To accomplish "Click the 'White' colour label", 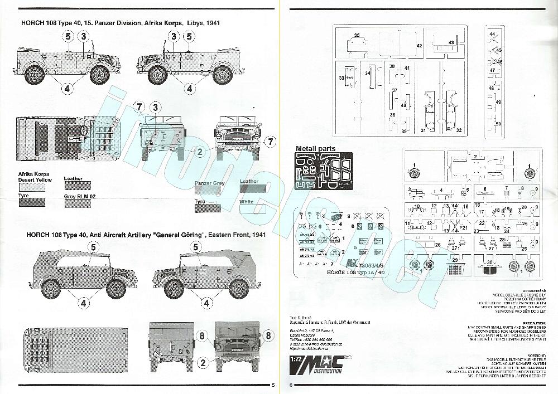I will coord(247,201).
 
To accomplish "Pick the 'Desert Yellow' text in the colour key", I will coord(35,180).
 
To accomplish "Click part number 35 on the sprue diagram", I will coord(357,36).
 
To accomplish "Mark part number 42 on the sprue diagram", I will coord(419,47).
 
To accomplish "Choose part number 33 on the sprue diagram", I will coord(341,79).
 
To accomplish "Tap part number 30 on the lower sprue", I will coord(489,262).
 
